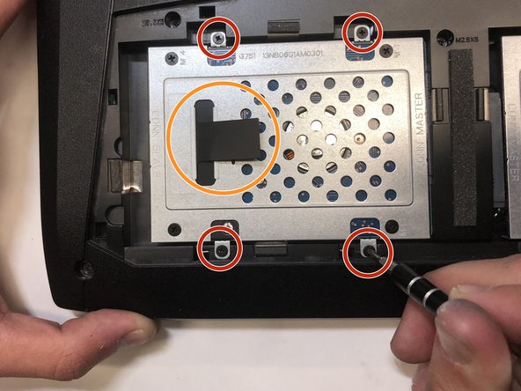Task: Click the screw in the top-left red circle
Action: (218, 36)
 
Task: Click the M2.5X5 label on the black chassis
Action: (466, 41)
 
